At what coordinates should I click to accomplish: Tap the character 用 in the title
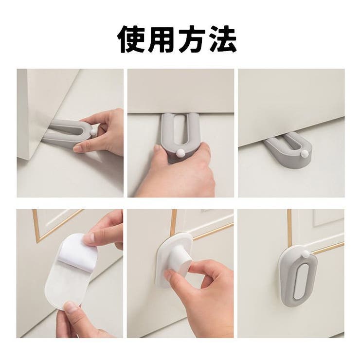point(164,39)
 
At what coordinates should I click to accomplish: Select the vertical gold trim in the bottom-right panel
point(289,229)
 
